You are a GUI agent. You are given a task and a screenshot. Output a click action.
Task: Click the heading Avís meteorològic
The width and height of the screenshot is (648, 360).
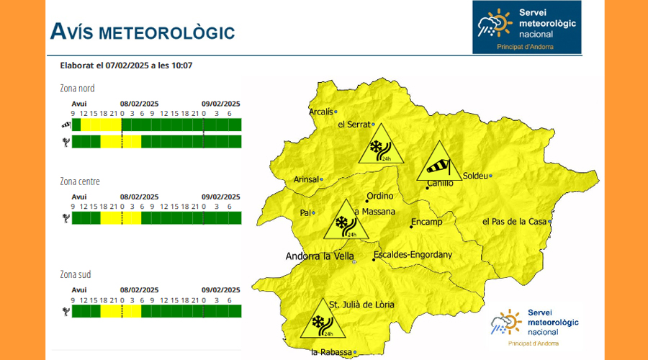coord(142,31)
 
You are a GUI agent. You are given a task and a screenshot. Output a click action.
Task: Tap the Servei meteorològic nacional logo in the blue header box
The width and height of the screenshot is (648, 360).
coord(526,27)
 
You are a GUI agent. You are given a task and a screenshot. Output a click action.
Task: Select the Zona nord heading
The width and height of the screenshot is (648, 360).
coord(77,89)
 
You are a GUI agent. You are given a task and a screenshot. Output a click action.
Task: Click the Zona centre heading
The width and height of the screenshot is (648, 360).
coord(80,181)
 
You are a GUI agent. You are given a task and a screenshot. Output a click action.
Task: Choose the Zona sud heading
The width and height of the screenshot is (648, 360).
coord(76,274)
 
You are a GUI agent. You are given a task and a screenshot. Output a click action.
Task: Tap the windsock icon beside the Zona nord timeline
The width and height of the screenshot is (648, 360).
coord(66,125)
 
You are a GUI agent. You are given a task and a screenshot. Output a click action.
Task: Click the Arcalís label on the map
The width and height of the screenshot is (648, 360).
coord(321,112)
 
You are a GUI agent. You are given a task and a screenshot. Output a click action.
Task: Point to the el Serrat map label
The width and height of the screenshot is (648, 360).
coord(353,125)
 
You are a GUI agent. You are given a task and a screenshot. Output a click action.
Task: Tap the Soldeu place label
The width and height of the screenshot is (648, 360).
coord(475,176)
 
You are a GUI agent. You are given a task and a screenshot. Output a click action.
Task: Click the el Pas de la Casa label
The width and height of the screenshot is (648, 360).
coord(514,221)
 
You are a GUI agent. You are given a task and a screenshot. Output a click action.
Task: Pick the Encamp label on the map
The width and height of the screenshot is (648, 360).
coord(426,222)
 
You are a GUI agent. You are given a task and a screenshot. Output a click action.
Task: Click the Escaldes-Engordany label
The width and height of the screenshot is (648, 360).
coord(413,254)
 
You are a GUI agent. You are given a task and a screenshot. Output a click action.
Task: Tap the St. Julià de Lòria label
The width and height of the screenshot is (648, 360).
coord(361,305)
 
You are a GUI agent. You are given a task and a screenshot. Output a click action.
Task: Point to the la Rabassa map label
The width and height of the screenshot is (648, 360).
coord(331,352)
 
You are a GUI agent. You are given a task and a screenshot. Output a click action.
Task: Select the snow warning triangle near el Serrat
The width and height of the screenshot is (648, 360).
coord(376,145)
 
